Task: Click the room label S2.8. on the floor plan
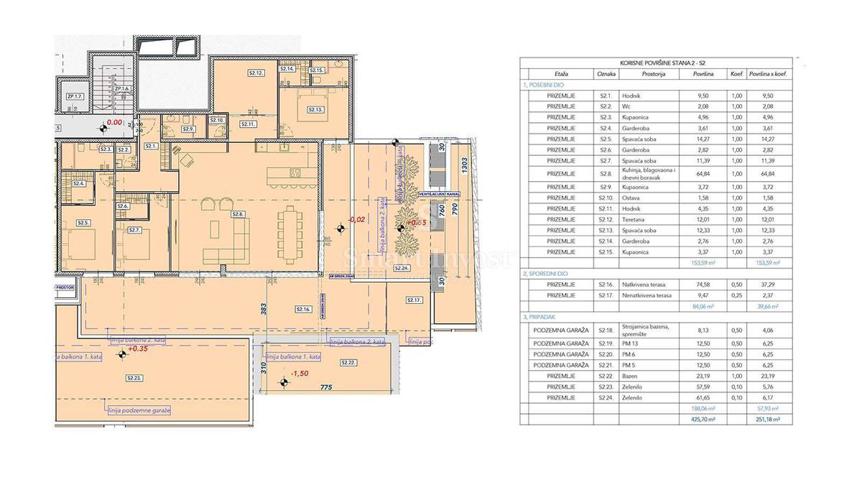pos(236,214)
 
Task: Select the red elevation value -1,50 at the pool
pos(300,374)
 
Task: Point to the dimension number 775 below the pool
pos(326,388)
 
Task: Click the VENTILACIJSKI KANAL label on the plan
pos(442,194)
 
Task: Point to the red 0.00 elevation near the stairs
pos(114,123)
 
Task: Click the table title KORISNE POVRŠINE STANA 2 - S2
pos(658,63)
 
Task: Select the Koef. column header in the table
pos(736,74)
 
